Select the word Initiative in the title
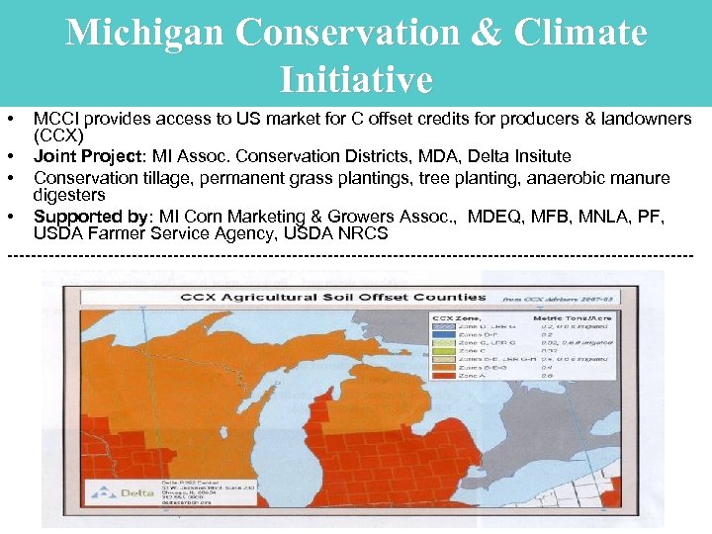click(356, 79)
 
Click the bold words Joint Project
click(88, 156)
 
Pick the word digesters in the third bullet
click(68, 195)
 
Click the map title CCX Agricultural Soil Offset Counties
click(332, 297)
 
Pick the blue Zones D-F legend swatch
click(441, 334)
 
